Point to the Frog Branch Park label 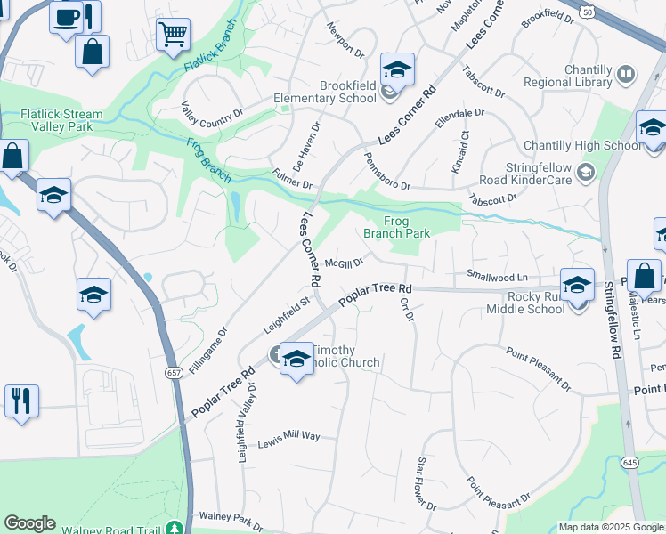(x=396, y=227)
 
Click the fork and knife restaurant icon (x=21, y=400)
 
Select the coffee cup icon (x=66, y=18)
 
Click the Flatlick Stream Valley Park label (x=61, y=120)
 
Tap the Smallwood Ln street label (x=497, y=277)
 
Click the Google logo (x=29, y=523)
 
